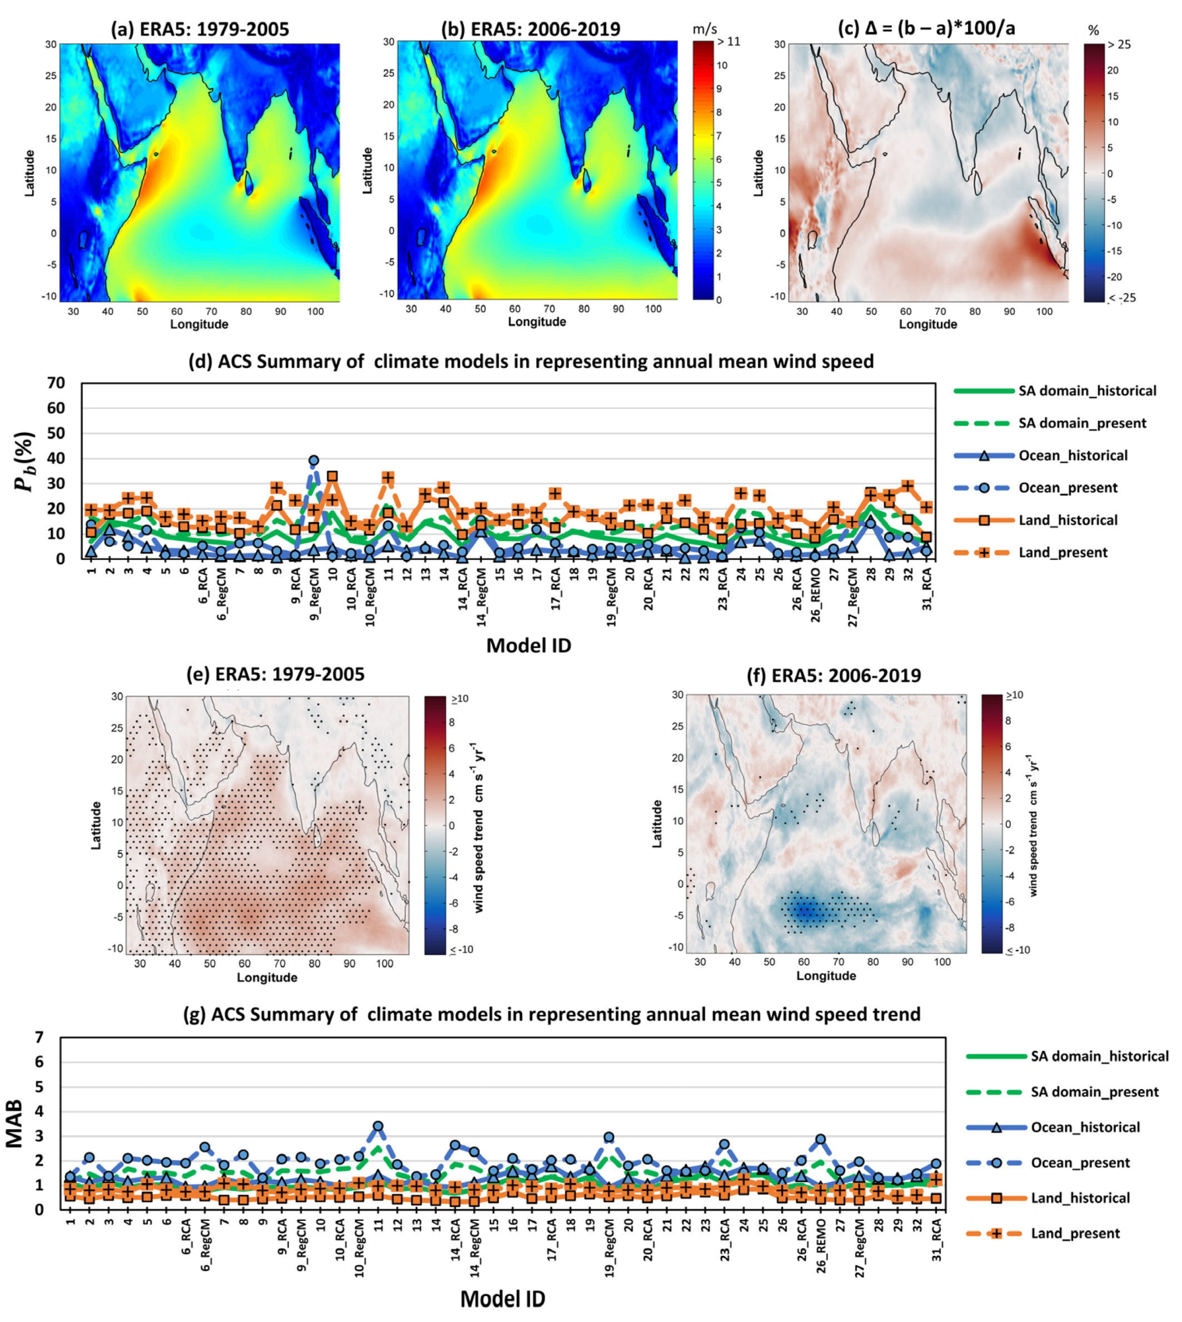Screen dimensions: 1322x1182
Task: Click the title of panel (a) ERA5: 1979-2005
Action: pyautogui.click(x=200, y=29)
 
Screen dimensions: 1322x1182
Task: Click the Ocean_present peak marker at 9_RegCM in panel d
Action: pyautogui.click(x=313, y=460)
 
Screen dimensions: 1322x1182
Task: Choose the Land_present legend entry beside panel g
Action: pyautogui.click(x=1075, y=1233)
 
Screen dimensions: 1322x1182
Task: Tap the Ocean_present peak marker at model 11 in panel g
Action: pyautogui.click(x=378, y=1126)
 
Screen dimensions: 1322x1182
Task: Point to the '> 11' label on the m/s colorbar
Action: pyautogui.click(x=728, y=42)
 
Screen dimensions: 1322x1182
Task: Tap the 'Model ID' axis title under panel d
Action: pyautogui.click(x=528, y=645)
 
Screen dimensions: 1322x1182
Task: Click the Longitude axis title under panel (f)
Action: pyautogui.click(x=825, y=975)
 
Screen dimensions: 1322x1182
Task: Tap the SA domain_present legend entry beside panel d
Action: pyautogui.click(x=1081, y=423)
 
